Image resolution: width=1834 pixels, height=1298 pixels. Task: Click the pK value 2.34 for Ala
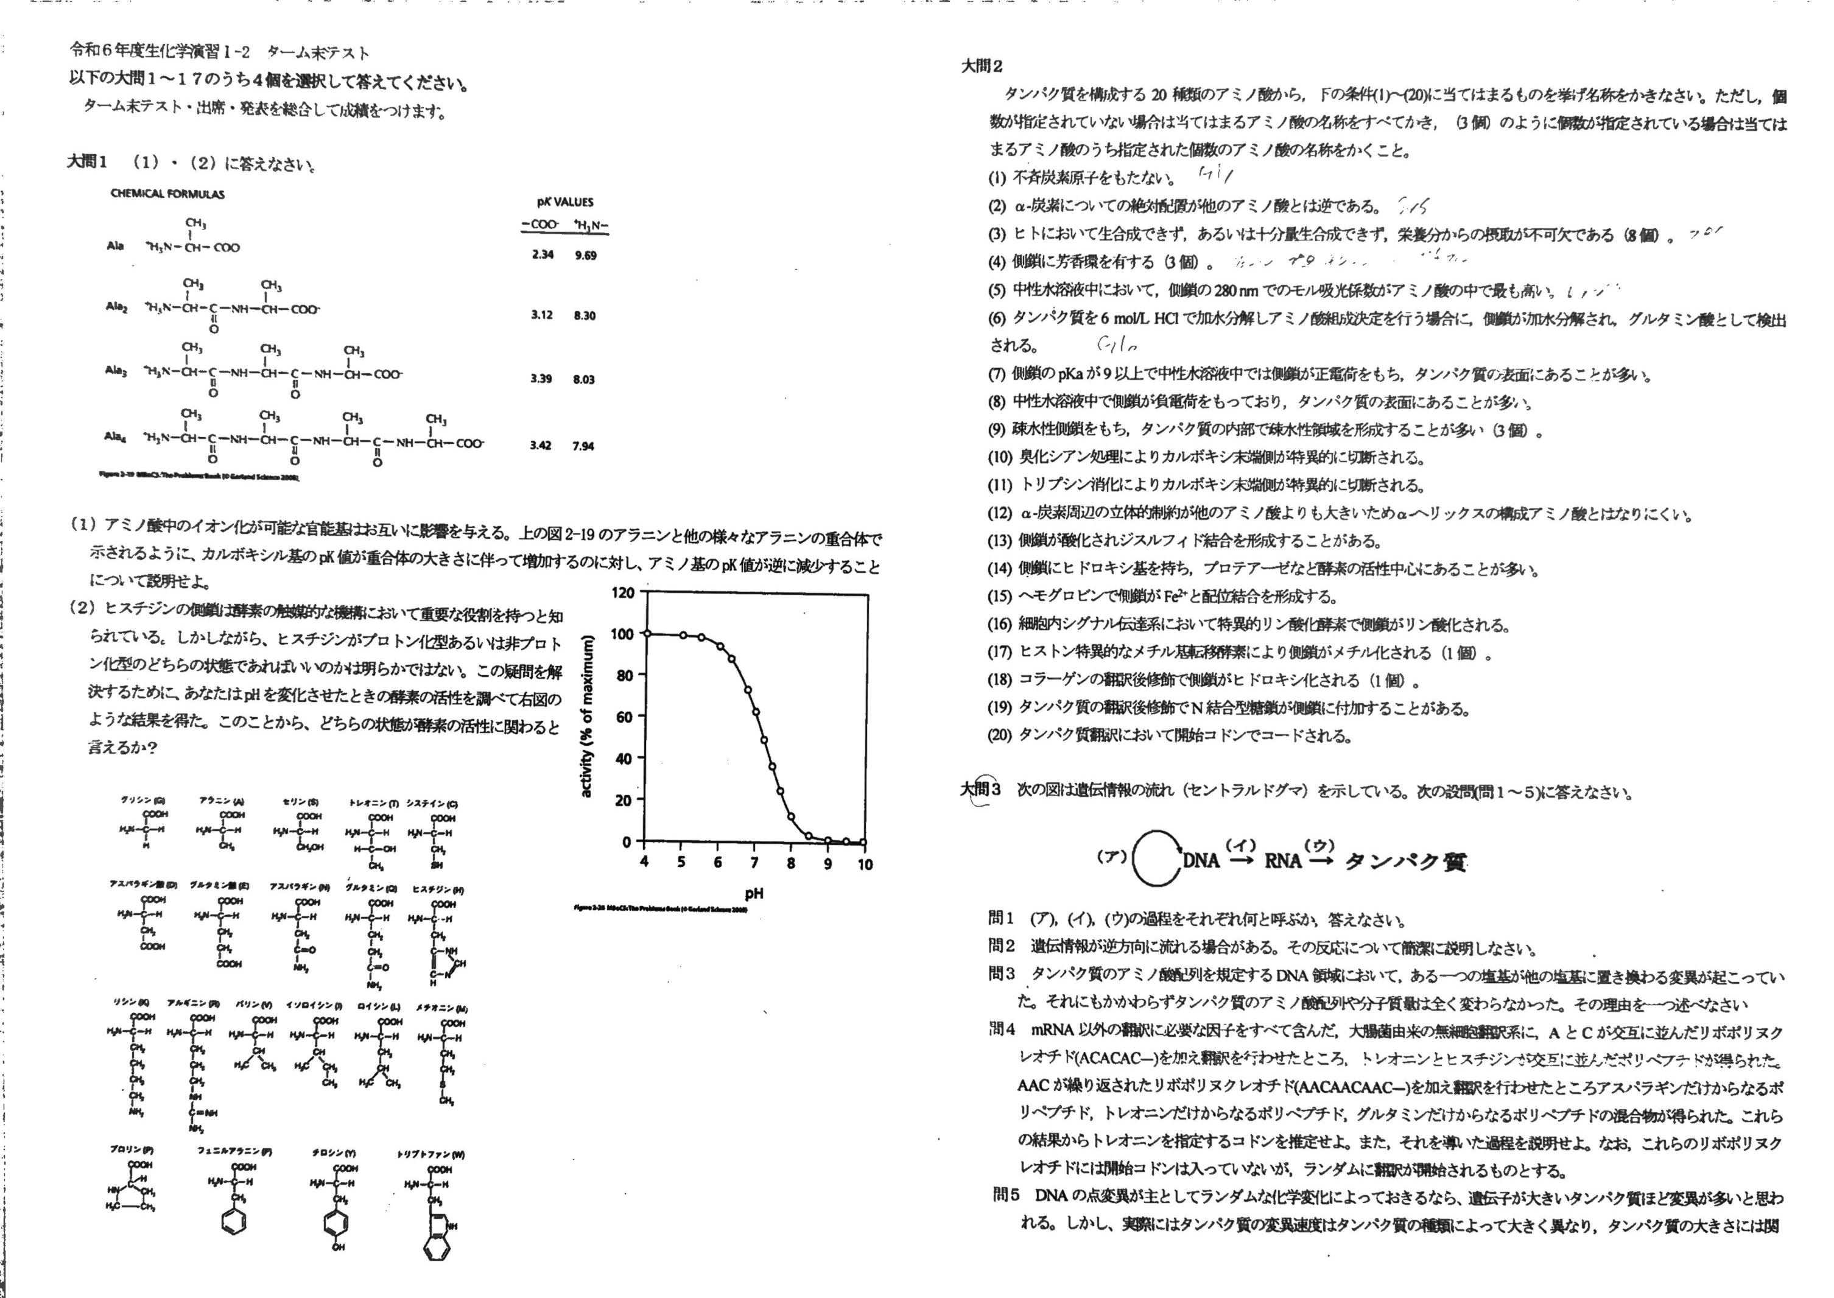542,255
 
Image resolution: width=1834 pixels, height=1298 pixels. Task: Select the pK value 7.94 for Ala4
583,446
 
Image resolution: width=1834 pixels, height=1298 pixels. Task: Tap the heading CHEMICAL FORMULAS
168,194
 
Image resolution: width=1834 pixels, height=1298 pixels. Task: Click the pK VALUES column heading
564,202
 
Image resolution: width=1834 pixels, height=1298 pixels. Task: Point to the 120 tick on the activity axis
622,593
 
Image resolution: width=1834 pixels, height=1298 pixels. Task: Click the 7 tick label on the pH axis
754,863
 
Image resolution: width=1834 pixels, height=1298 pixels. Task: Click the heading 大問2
982,67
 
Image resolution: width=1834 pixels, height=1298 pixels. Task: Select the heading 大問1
87,162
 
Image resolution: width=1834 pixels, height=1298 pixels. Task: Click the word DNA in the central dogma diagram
1201,861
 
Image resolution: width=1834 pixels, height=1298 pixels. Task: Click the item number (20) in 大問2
1000,736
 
